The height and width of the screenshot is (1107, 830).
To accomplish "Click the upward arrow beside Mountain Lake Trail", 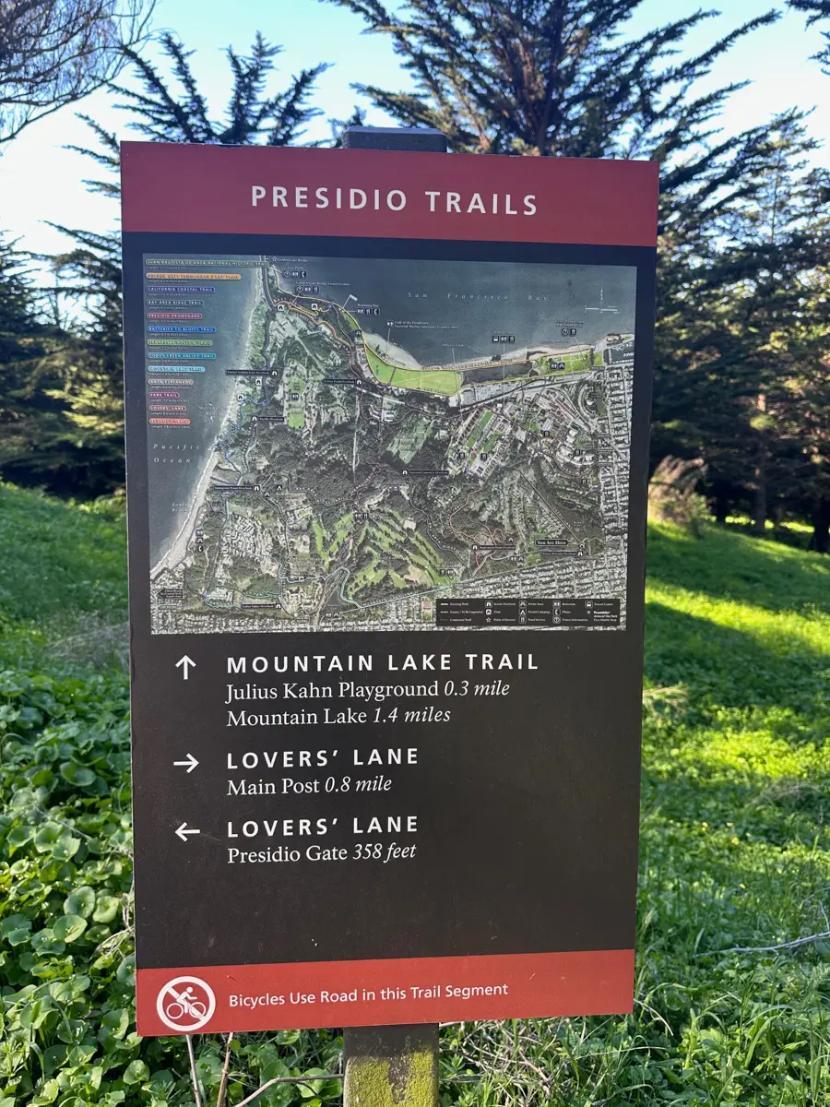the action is click(x=185, y=667).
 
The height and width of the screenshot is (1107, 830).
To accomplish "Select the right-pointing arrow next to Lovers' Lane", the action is click(x=185, y=763).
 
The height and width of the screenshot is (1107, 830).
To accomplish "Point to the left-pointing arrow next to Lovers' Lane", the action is click(x=187, y=831).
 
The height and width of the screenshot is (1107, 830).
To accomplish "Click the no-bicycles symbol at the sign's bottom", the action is click(x=185, y=1004).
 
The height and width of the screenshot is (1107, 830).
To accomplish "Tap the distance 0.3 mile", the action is click(x=476, y=688).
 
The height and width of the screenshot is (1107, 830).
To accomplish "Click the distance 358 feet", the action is click(x=384, y=851).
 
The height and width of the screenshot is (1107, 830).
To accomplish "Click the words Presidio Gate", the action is click(x=287, y=853).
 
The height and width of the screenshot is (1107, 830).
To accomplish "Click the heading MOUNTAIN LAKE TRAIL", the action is click(x=382, y=662).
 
